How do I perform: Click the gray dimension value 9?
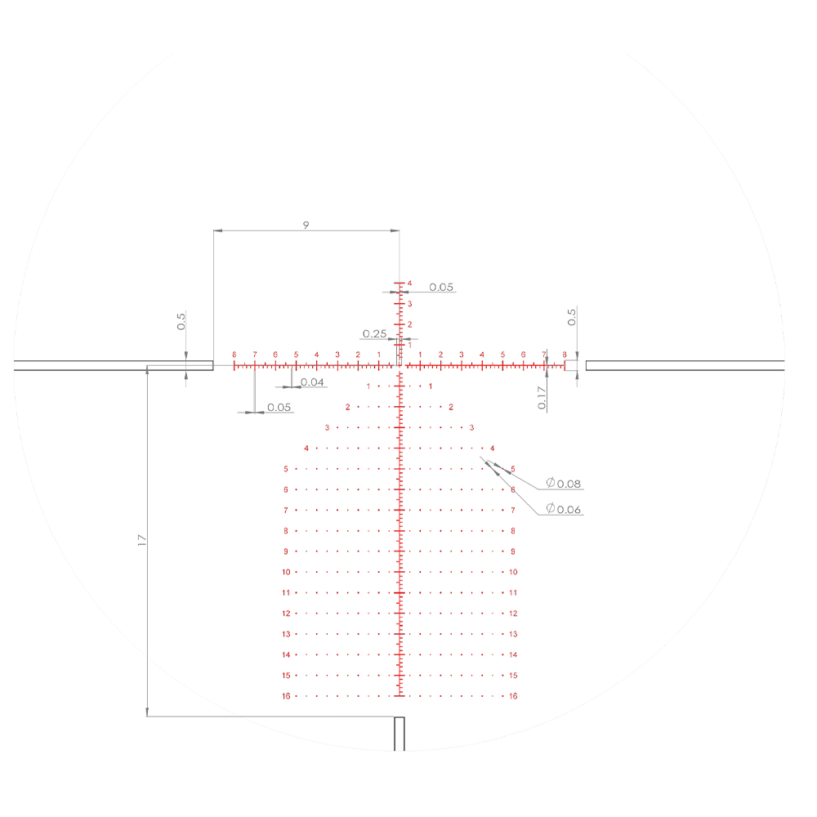click(306, 225)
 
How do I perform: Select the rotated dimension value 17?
click(141, 540)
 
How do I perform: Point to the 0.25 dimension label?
click(374, 333)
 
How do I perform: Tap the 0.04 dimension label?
click(312, 382)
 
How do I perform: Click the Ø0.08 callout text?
click(563, 484)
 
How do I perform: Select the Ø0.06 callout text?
click(563, 509)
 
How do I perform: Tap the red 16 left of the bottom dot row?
click(286, 696)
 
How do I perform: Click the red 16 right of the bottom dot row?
click(513, 696)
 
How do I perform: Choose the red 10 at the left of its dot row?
click(286, 572)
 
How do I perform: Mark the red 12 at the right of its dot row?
click(513, 614)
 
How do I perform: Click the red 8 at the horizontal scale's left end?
click(234, 355)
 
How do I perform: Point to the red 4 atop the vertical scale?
click(409, 283)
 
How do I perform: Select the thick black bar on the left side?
click(114, 365)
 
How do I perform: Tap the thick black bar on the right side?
click(685, 365)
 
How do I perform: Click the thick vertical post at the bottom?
click(400, 734)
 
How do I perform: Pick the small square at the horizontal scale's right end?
click(570, 365)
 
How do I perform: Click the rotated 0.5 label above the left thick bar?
click(181, 320)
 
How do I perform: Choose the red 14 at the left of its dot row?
click(286, 655)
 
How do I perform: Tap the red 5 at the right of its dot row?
click(512, 469)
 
